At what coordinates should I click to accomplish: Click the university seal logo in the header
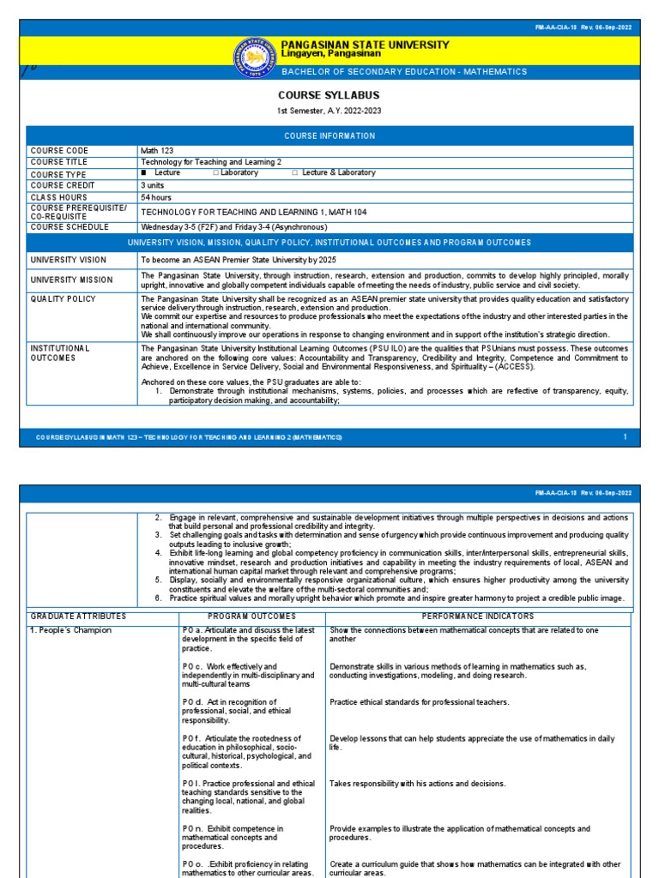[x=255, y=57]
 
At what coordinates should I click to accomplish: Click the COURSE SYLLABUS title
[x=329, y=95]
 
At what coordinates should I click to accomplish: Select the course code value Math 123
[x=157, y=151]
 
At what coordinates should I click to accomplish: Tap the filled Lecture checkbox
[x=144, y=173]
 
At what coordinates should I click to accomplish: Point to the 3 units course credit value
[x=154, y=185]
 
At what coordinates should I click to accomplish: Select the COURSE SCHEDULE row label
[x=70, y=227]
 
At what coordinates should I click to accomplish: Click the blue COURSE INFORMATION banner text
[x=329, y=135]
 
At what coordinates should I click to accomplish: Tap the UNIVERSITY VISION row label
[x=69, y=259]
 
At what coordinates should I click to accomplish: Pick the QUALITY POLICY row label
[x=63, y=299]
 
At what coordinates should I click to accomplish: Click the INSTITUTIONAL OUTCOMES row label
[x=60, y=353]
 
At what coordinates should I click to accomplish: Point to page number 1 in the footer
[x=625, y=438]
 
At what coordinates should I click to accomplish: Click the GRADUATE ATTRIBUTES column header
[x=78, y=616]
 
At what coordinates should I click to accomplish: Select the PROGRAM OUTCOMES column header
[x=251, y=616]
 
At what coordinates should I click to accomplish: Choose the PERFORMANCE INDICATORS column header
[x=478, y=616]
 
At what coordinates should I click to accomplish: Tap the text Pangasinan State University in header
[x=365, y=45]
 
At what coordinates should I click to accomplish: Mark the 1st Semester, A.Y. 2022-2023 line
[x=329, y=111]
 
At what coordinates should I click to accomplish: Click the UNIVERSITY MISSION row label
[x=70, y=280]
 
